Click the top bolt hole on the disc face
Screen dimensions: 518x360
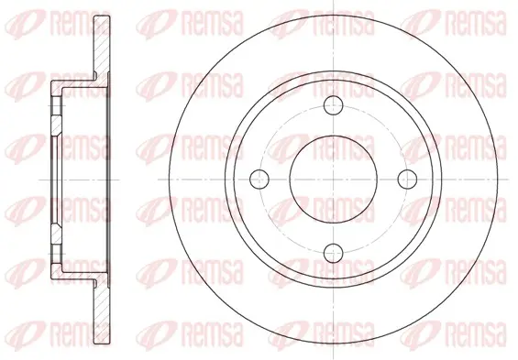pos(334,105)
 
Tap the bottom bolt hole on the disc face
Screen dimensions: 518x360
pos(334,254)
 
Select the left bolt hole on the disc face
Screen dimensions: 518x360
pos(259,180)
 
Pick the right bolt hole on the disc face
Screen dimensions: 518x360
pos(407,180)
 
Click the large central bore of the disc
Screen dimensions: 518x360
pos(334,180)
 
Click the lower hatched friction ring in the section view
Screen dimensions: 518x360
pos(102,311)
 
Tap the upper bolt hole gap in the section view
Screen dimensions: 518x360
pos(56,105)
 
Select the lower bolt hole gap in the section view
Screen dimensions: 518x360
pos(56,254)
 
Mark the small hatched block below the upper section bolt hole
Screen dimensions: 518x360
pos(56,125)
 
